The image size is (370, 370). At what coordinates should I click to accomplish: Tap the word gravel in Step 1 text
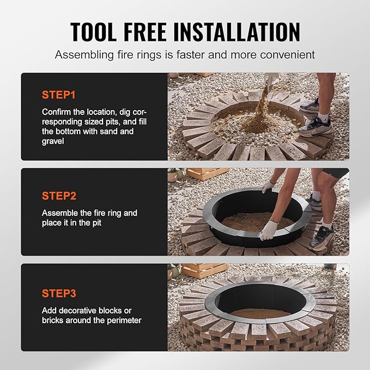pyautogui.click(x=54, y=141)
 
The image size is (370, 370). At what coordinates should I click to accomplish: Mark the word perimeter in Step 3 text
pyautogui.click(x=123, y=320)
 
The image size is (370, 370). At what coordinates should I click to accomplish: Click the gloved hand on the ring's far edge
pyautogui.click(x=268, y=186)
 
